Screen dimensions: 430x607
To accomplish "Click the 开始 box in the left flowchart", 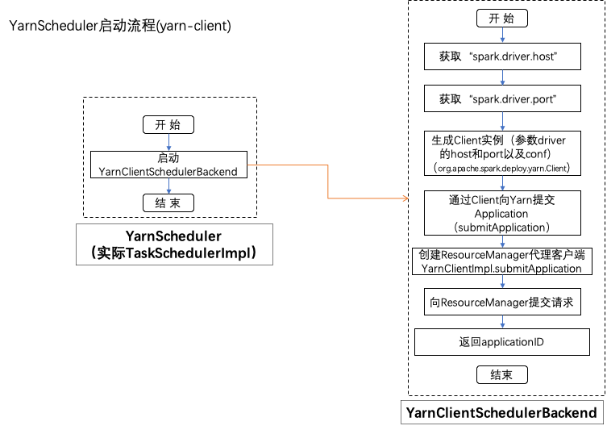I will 168,125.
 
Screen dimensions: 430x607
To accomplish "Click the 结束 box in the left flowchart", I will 168,202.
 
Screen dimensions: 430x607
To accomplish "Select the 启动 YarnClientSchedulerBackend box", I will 168,165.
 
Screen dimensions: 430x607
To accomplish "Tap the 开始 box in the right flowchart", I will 503,19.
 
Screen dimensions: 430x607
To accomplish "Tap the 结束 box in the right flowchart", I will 503,374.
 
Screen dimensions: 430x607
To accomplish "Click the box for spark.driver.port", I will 503,99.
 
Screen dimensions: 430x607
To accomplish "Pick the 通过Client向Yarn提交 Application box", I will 503,213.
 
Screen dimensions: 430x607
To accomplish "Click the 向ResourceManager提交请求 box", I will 503,303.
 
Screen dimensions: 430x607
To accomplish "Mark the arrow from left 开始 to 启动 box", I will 168,143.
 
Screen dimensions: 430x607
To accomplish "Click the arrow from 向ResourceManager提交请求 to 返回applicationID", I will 503,322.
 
